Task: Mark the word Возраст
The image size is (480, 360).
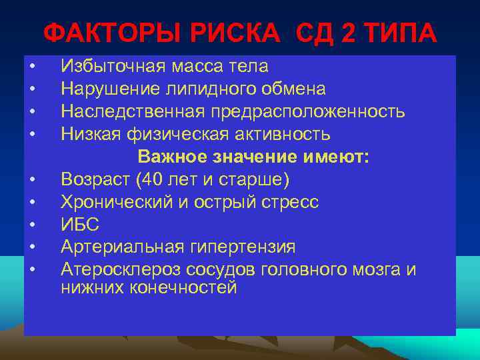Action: pos(93,179)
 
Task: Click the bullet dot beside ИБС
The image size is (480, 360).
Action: pos(31,225)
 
